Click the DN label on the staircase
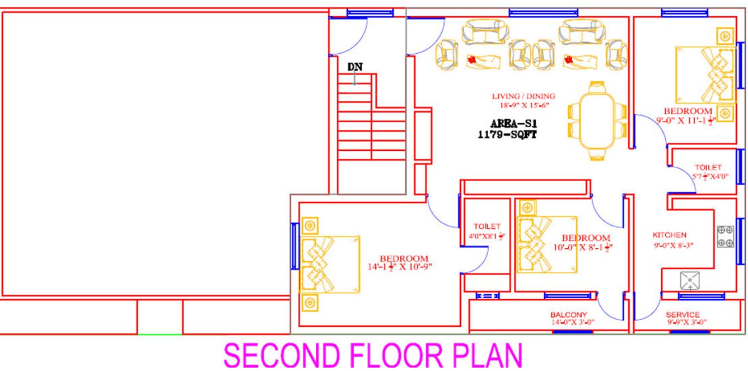[355, 67]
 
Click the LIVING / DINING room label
[523, 96]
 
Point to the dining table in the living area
[597, 122]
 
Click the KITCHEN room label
[669, 235]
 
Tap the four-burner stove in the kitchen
[726, 236]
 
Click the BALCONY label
[568, 314]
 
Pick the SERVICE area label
[682, 314]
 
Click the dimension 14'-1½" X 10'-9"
[400, 266]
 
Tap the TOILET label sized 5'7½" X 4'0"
[708, 168]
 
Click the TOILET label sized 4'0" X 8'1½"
[487, 226]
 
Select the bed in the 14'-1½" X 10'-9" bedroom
[330, 264]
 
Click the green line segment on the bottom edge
[160, 335]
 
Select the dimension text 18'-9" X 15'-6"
[522, 105]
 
